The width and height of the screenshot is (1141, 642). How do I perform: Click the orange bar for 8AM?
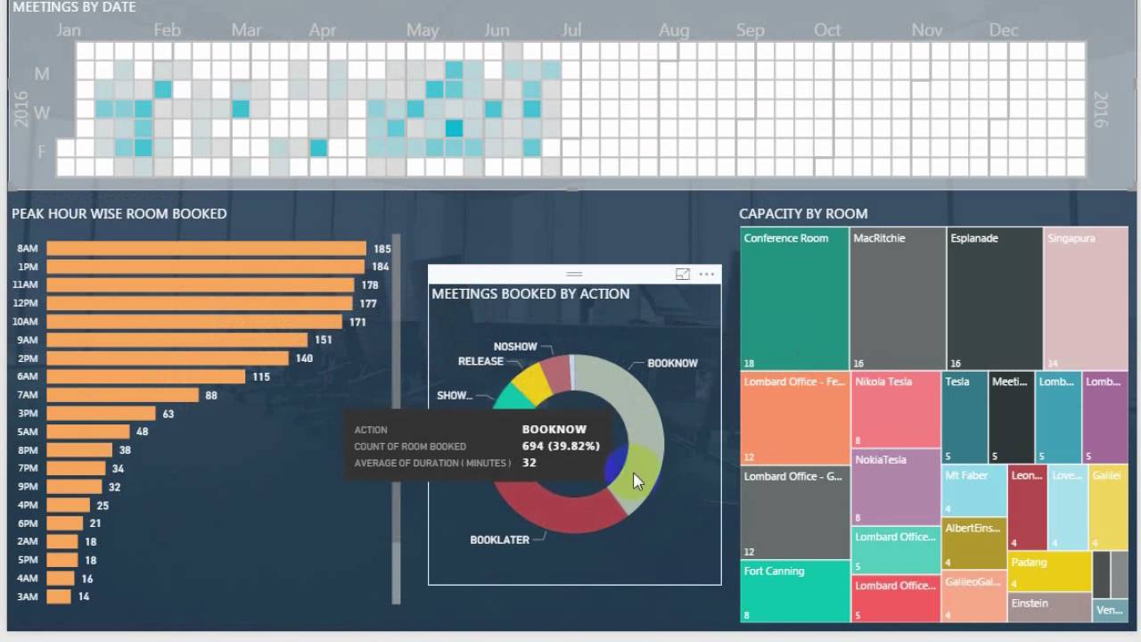tap(206, 249)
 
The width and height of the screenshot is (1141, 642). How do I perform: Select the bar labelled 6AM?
tap(145, 376)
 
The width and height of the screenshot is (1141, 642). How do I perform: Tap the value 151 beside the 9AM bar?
tap(323, 340)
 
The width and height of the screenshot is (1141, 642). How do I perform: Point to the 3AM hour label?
tap(27, 597)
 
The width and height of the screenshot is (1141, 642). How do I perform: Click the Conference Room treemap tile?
tap(794, 299)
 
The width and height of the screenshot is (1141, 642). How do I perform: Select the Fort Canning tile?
tap(794, 590)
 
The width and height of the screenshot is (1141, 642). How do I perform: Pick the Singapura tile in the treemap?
tap(1086, 299)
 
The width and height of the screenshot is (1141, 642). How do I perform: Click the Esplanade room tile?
tap(994, 299)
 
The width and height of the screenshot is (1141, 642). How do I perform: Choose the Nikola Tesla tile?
tap(896, 409)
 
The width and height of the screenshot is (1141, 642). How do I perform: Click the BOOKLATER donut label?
tap(499, 539)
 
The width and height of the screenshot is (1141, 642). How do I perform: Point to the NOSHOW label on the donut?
tap(515, 346)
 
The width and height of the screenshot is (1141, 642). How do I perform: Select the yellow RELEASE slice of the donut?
tap(531, 382)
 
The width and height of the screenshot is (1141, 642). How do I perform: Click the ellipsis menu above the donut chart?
tap(707, 275)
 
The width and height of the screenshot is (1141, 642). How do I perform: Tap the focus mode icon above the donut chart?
tap(683, 275)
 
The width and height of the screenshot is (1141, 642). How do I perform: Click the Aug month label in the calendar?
tap(674, 30)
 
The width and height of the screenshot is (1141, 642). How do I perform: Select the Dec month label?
tap(1003, 30)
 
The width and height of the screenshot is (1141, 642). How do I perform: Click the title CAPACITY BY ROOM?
tap(803, 214)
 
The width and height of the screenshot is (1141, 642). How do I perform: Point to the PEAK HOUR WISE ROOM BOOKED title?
tap(119, 214)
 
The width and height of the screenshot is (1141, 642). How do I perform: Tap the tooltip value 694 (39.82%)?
tap(561, 446)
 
